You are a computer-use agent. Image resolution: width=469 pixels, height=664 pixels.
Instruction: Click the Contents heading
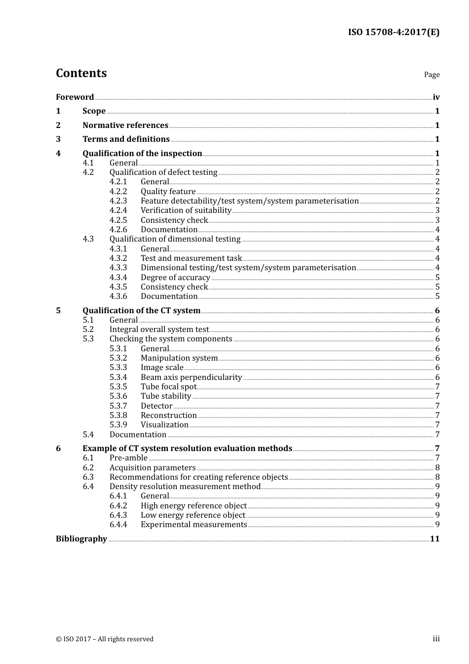pos(81,73)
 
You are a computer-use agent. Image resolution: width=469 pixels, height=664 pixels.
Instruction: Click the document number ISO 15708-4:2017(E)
pos(393,32)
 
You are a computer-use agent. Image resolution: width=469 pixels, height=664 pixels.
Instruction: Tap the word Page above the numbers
pos(431,75)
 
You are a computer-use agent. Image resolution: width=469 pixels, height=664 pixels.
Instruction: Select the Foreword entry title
pos(75,97)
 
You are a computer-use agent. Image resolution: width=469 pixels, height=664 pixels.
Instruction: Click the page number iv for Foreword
pos(436,97)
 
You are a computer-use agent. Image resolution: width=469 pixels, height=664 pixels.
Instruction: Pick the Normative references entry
pos(125,125)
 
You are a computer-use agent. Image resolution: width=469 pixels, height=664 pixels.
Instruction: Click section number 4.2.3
pos(118,201)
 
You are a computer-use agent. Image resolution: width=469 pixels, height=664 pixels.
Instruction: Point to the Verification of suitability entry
pos(186,210)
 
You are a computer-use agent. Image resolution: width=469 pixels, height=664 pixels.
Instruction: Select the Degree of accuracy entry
pos(175,278)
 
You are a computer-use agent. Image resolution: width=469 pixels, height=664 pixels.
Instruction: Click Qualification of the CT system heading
pos(141,311)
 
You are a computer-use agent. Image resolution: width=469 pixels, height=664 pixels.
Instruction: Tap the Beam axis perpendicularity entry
pos(191,377)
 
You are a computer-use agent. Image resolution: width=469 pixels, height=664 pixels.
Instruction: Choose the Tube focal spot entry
pos(168,387)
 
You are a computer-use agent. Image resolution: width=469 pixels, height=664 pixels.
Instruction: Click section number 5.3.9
pos(118,425)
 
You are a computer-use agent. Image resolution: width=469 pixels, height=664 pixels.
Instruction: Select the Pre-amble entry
pos(128,458)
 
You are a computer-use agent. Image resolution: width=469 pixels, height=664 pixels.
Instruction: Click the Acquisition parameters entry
pos(153,468)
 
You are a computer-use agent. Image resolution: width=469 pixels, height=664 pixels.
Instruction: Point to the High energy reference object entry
pos(194,506)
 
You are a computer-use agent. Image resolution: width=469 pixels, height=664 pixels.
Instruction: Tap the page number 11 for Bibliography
pos(434,539)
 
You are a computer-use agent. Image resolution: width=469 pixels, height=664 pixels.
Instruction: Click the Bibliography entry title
pos(81,539)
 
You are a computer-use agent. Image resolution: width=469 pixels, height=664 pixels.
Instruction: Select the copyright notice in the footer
pos(105,639)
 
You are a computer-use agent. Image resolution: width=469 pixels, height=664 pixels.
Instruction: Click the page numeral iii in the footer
pos(436,639)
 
